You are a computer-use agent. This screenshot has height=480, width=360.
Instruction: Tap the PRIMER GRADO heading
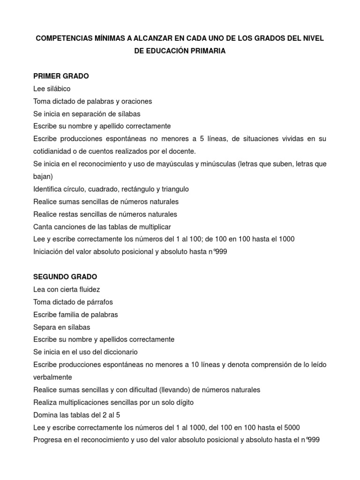tap(61, 76)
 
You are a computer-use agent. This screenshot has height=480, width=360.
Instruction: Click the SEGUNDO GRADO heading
tap(65, 277)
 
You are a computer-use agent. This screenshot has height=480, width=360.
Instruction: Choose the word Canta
tap(43, 226)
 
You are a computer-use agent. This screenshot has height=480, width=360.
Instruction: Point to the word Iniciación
tap(49, 252)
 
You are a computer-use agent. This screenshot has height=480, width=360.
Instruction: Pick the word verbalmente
tap(53, 377)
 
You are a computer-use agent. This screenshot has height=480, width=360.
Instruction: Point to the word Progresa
tap(49, 440)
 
